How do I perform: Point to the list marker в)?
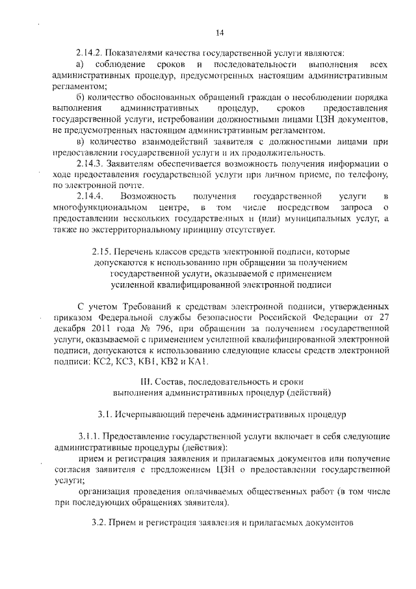(81, 142)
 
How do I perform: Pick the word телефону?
(370, 174)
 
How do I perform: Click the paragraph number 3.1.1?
(89, 435)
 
